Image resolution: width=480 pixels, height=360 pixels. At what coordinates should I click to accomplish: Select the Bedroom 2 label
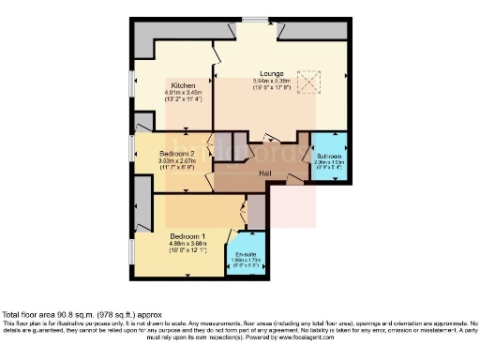tap(176, 153)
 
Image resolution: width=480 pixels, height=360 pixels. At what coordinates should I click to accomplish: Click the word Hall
tap(266, 173)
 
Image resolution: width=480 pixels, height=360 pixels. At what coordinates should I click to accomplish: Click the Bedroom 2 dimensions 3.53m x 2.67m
tap(176, 160)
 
